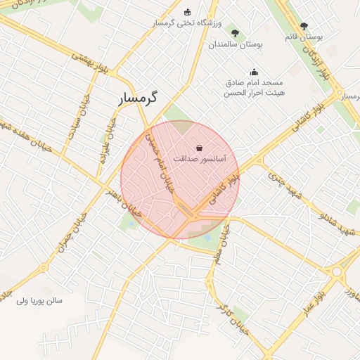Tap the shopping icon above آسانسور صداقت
click(x=200, y=148)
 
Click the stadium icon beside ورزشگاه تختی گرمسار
click(x=187, y=12)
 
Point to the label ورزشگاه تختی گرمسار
click(x=186, y=23)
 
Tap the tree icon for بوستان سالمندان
click(x=235, y=32)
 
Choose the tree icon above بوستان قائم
click(x=304, y=26)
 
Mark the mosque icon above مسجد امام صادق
click(x=254, y=71)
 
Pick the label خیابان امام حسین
click(x=158, y=165)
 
